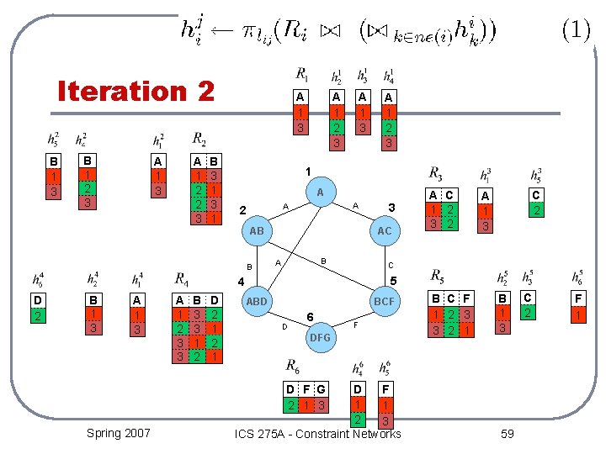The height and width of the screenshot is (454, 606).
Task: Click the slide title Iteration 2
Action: coord(136,91)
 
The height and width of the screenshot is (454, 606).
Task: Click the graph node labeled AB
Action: coord(258,230)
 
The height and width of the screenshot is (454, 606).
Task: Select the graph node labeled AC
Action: coord(384,230)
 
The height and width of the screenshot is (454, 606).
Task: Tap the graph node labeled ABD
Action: coord(257,301)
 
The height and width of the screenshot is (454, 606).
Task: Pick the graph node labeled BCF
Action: coord(384,301)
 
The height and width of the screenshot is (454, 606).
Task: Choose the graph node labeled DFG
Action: coord(320,336)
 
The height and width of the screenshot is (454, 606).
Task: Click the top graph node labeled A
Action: coord(320,192)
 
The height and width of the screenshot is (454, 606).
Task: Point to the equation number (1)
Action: coord(576,30)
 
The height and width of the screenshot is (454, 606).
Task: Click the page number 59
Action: coord(507,433)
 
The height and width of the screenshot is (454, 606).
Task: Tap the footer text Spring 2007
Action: coord(119,432)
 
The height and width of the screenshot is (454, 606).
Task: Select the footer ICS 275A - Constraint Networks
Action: coord(319,434)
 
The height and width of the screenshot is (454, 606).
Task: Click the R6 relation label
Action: coord(293,366)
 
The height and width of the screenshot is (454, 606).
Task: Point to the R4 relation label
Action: coord(182,279)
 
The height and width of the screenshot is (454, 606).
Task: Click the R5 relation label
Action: coord(439,276)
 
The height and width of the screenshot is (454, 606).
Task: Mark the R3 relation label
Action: coord(436,175)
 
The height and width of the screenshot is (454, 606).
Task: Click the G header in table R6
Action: coord(321,389)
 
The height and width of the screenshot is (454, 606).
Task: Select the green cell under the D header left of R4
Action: coord(38,315)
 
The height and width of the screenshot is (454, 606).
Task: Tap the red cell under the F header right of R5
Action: coord(578,314)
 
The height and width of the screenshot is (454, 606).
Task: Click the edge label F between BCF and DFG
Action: coord(357,324)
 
